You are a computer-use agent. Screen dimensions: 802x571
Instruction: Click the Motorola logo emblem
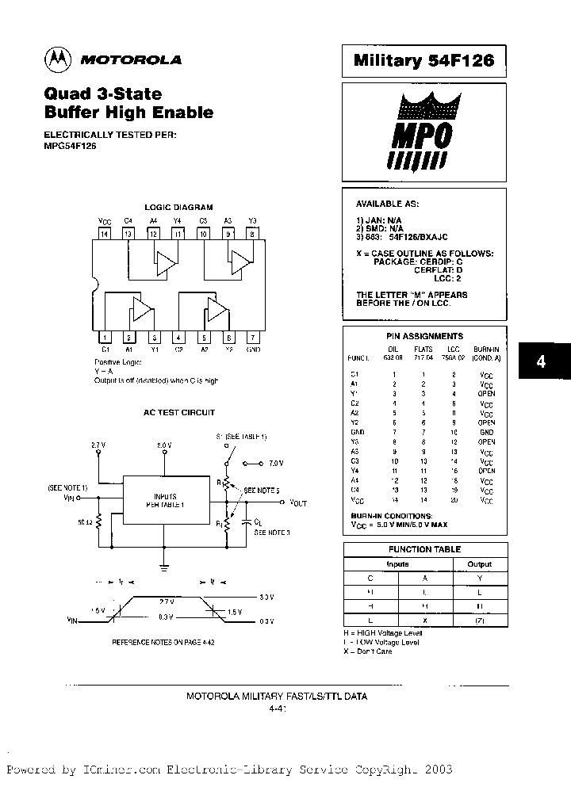[58, 59]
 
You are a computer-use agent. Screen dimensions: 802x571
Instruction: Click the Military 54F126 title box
[423, 60]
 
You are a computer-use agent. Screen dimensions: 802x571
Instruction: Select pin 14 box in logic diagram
[103, 234]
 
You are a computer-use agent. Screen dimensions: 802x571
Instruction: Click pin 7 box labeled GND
[252, 337]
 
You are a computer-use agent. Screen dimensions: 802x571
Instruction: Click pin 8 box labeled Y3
[252, 234]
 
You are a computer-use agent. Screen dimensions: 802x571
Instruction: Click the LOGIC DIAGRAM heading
[178, 207]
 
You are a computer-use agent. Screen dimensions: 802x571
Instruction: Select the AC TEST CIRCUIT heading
[178, 413]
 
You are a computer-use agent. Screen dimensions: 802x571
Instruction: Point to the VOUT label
[298, 502]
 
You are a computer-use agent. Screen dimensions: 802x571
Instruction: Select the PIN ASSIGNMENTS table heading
[424, 336]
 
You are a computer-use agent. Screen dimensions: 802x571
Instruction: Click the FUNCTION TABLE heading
[424, 549]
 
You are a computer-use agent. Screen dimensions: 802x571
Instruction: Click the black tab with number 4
[541, 361]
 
